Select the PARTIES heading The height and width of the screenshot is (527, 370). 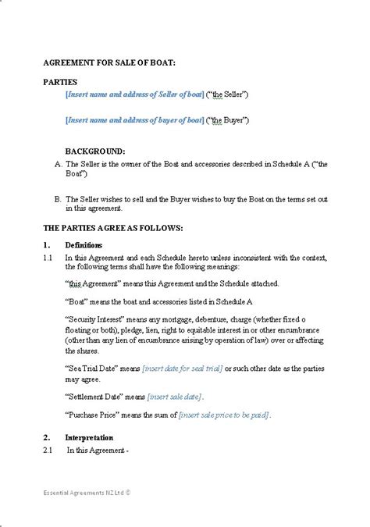click(60, 82)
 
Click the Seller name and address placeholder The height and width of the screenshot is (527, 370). click(134, 94)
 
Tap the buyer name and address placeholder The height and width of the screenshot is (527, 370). click(134, 120)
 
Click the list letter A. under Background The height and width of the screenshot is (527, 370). click(58, 164)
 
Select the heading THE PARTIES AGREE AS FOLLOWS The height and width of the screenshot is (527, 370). click(112, 228)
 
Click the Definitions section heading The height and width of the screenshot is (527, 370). click(84, 245)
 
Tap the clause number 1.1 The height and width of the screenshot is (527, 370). click(47, 257)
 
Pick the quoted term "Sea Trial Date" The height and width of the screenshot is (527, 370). click(92, 368)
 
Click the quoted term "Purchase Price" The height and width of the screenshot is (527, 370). click(92, 414)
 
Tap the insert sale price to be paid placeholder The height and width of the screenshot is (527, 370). click(223, 414)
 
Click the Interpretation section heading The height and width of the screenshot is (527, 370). click(89, 437)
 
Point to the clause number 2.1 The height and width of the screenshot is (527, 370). click(47, 450)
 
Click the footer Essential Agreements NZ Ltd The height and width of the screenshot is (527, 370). click(87, 493)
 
